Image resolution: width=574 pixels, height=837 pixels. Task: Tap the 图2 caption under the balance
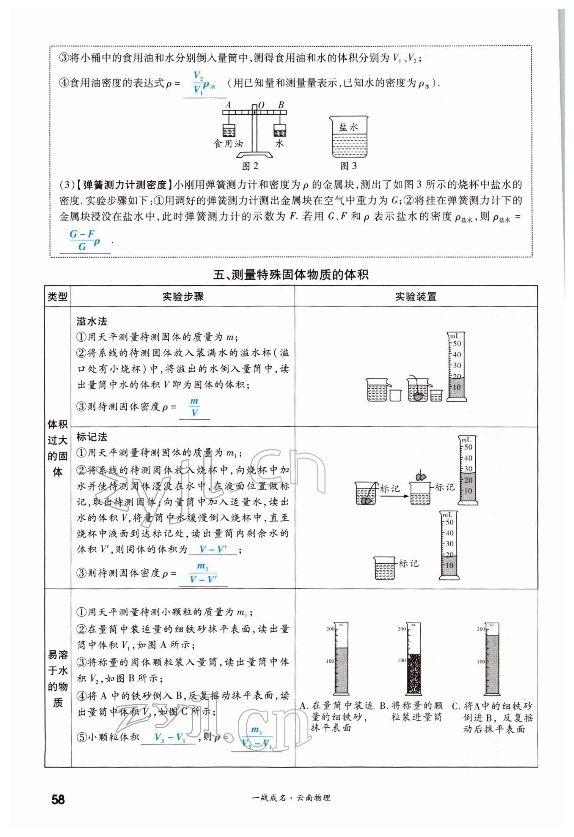tap(250, 166)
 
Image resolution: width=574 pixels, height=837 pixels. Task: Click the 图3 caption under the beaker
tap(348, 166)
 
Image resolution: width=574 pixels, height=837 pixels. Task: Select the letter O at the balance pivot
tap(261, 106)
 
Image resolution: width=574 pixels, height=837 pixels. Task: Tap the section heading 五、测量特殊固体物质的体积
tap(291, 274)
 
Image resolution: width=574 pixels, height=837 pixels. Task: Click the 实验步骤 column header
tap(183, 296)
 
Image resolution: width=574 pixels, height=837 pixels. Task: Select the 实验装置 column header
tap(416, 296)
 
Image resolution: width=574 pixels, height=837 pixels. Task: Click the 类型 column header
tap(58, 296)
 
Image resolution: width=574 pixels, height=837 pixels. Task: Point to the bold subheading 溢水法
tap(92, 321)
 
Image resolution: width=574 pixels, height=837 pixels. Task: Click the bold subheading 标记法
tap(92, 437)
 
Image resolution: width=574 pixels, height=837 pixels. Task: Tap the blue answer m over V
tap(194, 407)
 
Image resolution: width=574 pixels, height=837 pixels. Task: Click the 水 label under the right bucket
tap(280, 143)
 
